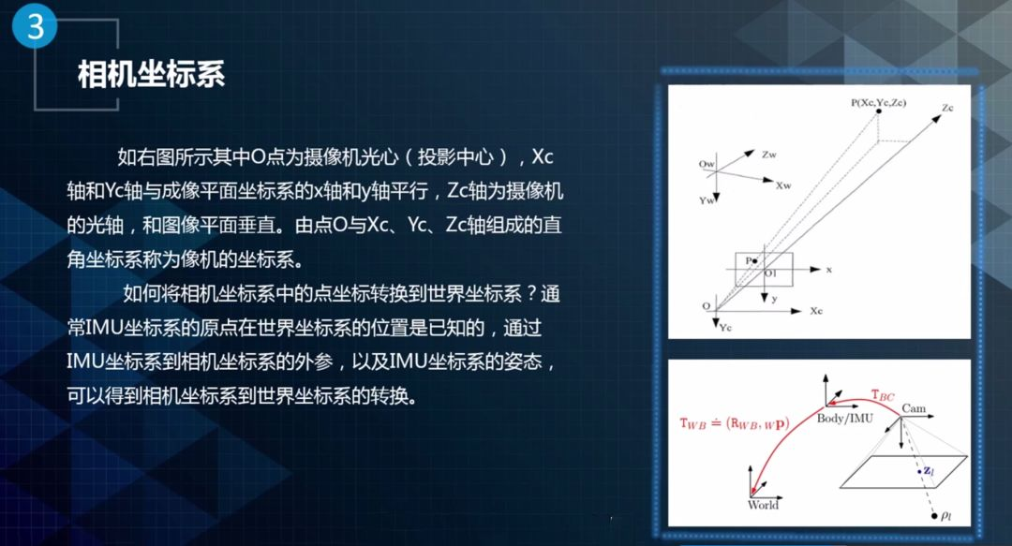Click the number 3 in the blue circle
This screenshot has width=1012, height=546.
[x=35, y=27]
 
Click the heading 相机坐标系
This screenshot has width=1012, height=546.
[x=151, y=74]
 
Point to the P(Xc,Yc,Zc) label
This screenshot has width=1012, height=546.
[x=878, y=103]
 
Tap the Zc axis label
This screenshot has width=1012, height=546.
[x=947, y=108]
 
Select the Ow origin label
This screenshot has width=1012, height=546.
[x=707, y=164]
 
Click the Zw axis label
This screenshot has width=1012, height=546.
[x=768, y=155]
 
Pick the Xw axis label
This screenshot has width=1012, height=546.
[x=782, y=185]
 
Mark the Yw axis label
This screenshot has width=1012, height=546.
[x=707, y=200]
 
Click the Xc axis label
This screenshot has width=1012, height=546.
[x=816, y=311]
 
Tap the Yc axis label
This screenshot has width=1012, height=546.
[x=726, y=328]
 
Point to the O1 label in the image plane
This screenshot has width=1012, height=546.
[x=770, y=273]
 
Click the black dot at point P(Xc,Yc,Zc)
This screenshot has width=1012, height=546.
[x=878, y=111]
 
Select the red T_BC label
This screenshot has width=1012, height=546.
[x=883, y=395]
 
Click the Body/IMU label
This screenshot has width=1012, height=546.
[x=845, y=419]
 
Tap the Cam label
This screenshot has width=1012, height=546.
[x=914, y=408]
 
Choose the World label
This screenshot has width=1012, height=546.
[x=763, y=506]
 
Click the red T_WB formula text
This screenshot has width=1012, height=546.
[x=735, y=424]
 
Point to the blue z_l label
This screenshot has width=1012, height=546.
[x=929, y=470]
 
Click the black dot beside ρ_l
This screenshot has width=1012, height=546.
[x=934, y=516]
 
